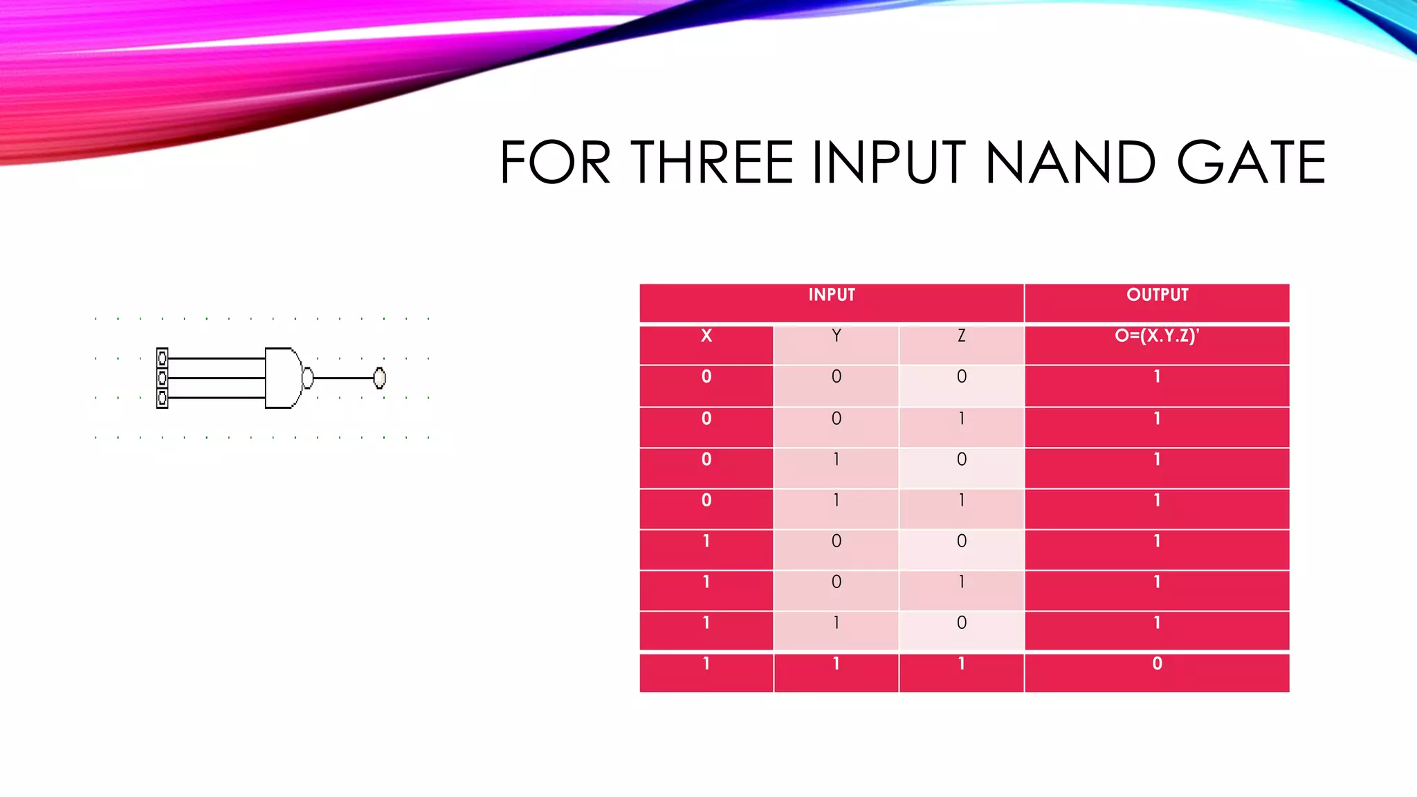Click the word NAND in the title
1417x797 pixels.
(x=1070, y=163)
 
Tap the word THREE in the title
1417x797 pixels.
(x=712, y=163)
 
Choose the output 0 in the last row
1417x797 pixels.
(x=1157, y=664)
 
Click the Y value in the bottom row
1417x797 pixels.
(x=836, y=664)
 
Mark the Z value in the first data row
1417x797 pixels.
(x=961, y=377)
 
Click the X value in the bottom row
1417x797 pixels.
(x=706, y=664)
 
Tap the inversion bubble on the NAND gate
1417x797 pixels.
(x=308, y=378)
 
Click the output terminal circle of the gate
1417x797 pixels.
(x=379, y=378)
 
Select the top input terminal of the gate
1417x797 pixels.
(x=162, y=358)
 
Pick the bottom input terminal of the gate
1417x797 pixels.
(x=162, y=398)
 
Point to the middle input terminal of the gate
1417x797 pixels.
(x=162, y=378)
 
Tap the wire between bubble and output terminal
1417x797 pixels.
(x=343, y=378)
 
